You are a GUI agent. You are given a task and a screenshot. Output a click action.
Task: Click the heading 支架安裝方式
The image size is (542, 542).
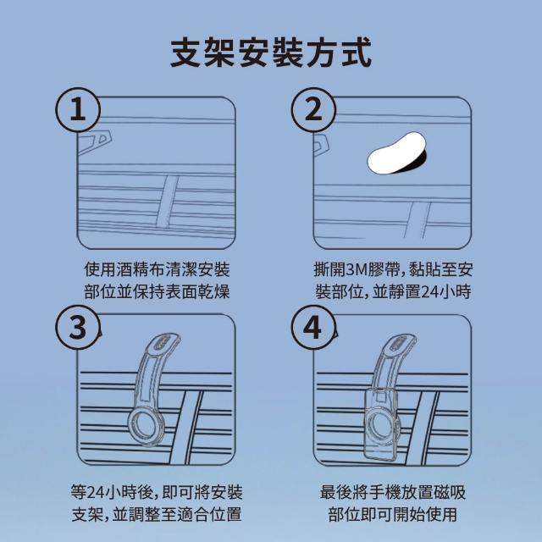[271, 53]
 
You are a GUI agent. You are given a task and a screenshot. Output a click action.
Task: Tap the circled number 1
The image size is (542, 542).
[78, 109]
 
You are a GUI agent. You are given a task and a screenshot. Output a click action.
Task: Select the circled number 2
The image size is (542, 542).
[313, 109]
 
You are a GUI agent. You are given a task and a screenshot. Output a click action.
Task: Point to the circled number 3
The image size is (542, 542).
[78, 327]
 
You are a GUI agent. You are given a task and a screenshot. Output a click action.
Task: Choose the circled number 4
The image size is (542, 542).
[313, 327]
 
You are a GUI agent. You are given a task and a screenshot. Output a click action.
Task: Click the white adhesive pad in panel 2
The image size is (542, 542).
[396, 152]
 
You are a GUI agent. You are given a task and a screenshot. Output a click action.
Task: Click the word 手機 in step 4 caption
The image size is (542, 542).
[384, 492]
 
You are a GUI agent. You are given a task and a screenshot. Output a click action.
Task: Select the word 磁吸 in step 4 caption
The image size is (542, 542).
[450, 492]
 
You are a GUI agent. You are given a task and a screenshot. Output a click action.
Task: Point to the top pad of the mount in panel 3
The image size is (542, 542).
[165, 342]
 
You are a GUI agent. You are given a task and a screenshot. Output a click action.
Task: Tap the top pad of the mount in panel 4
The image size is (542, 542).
[401, 342]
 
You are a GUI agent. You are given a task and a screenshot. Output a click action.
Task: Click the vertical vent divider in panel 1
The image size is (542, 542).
[168, 202]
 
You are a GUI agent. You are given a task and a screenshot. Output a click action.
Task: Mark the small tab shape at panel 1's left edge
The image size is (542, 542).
[95, 142]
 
